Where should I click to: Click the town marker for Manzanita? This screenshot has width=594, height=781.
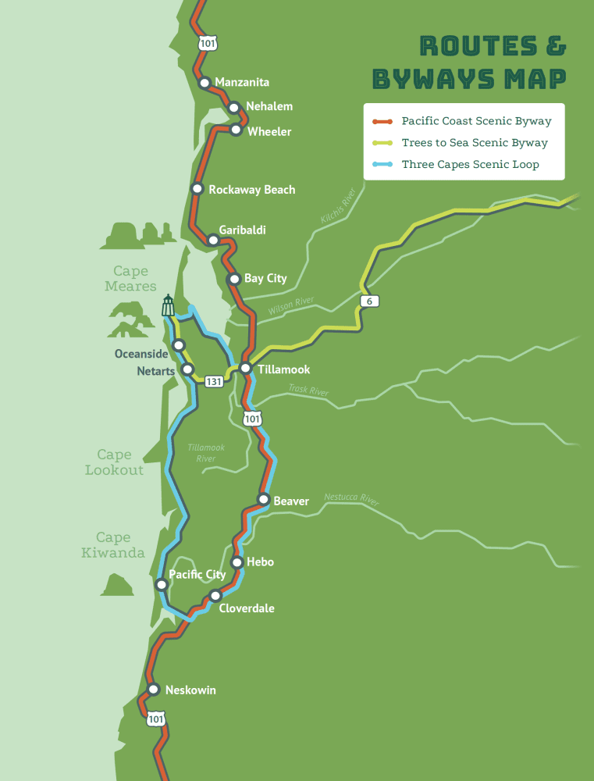click(x=205, y=82)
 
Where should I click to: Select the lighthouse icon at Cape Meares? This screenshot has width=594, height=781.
click(x=168, y=305)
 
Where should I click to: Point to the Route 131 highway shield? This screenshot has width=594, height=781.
click(x=214, y=381)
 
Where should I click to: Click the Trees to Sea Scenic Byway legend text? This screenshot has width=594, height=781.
click(x=475, y=143)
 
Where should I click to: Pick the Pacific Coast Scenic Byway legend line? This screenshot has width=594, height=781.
click(x=382, y=121)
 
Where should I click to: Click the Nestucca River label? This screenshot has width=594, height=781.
click(x=351, y=499)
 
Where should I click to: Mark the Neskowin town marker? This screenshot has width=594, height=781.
click(x=154, y=690)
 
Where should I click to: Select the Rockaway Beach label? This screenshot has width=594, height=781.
click(x=251, y=190)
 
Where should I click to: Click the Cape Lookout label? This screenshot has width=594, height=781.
click(x=114, y=462)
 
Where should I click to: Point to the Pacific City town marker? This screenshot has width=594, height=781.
click(x=162, y=584)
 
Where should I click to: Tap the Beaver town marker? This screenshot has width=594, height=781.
click(x=263, y=499)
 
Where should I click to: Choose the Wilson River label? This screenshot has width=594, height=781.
click(x=290, y=307)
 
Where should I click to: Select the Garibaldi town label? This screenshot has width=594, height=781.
click(x=242, y=230)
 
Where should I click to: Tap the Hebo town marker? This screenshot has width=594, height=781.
click(x=237, y=562)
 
